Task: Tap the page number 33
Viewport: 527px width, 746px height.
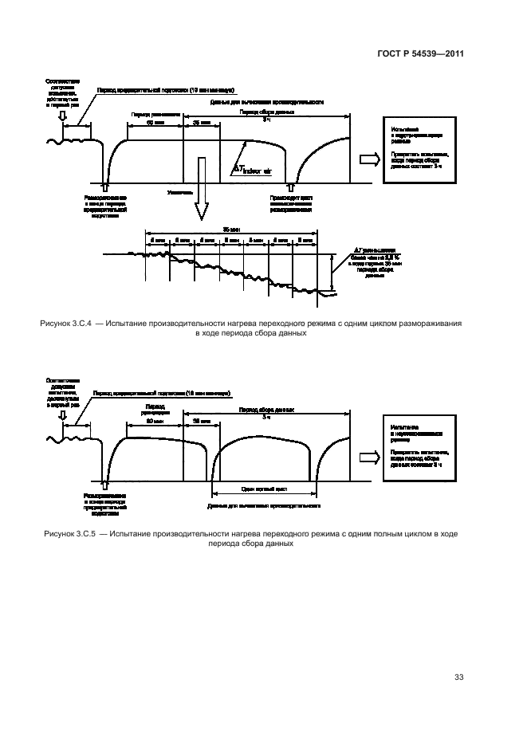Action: (x=458, y=677)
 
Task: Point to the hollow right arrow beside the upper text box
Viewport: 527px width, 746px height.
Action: (x=369, y=159)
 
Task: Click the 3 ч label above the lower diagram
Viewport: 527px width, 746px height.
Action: (x=267, y=414)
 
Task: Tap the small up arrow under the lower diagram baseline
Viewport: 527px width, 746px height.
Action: (x=107, y=485)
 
